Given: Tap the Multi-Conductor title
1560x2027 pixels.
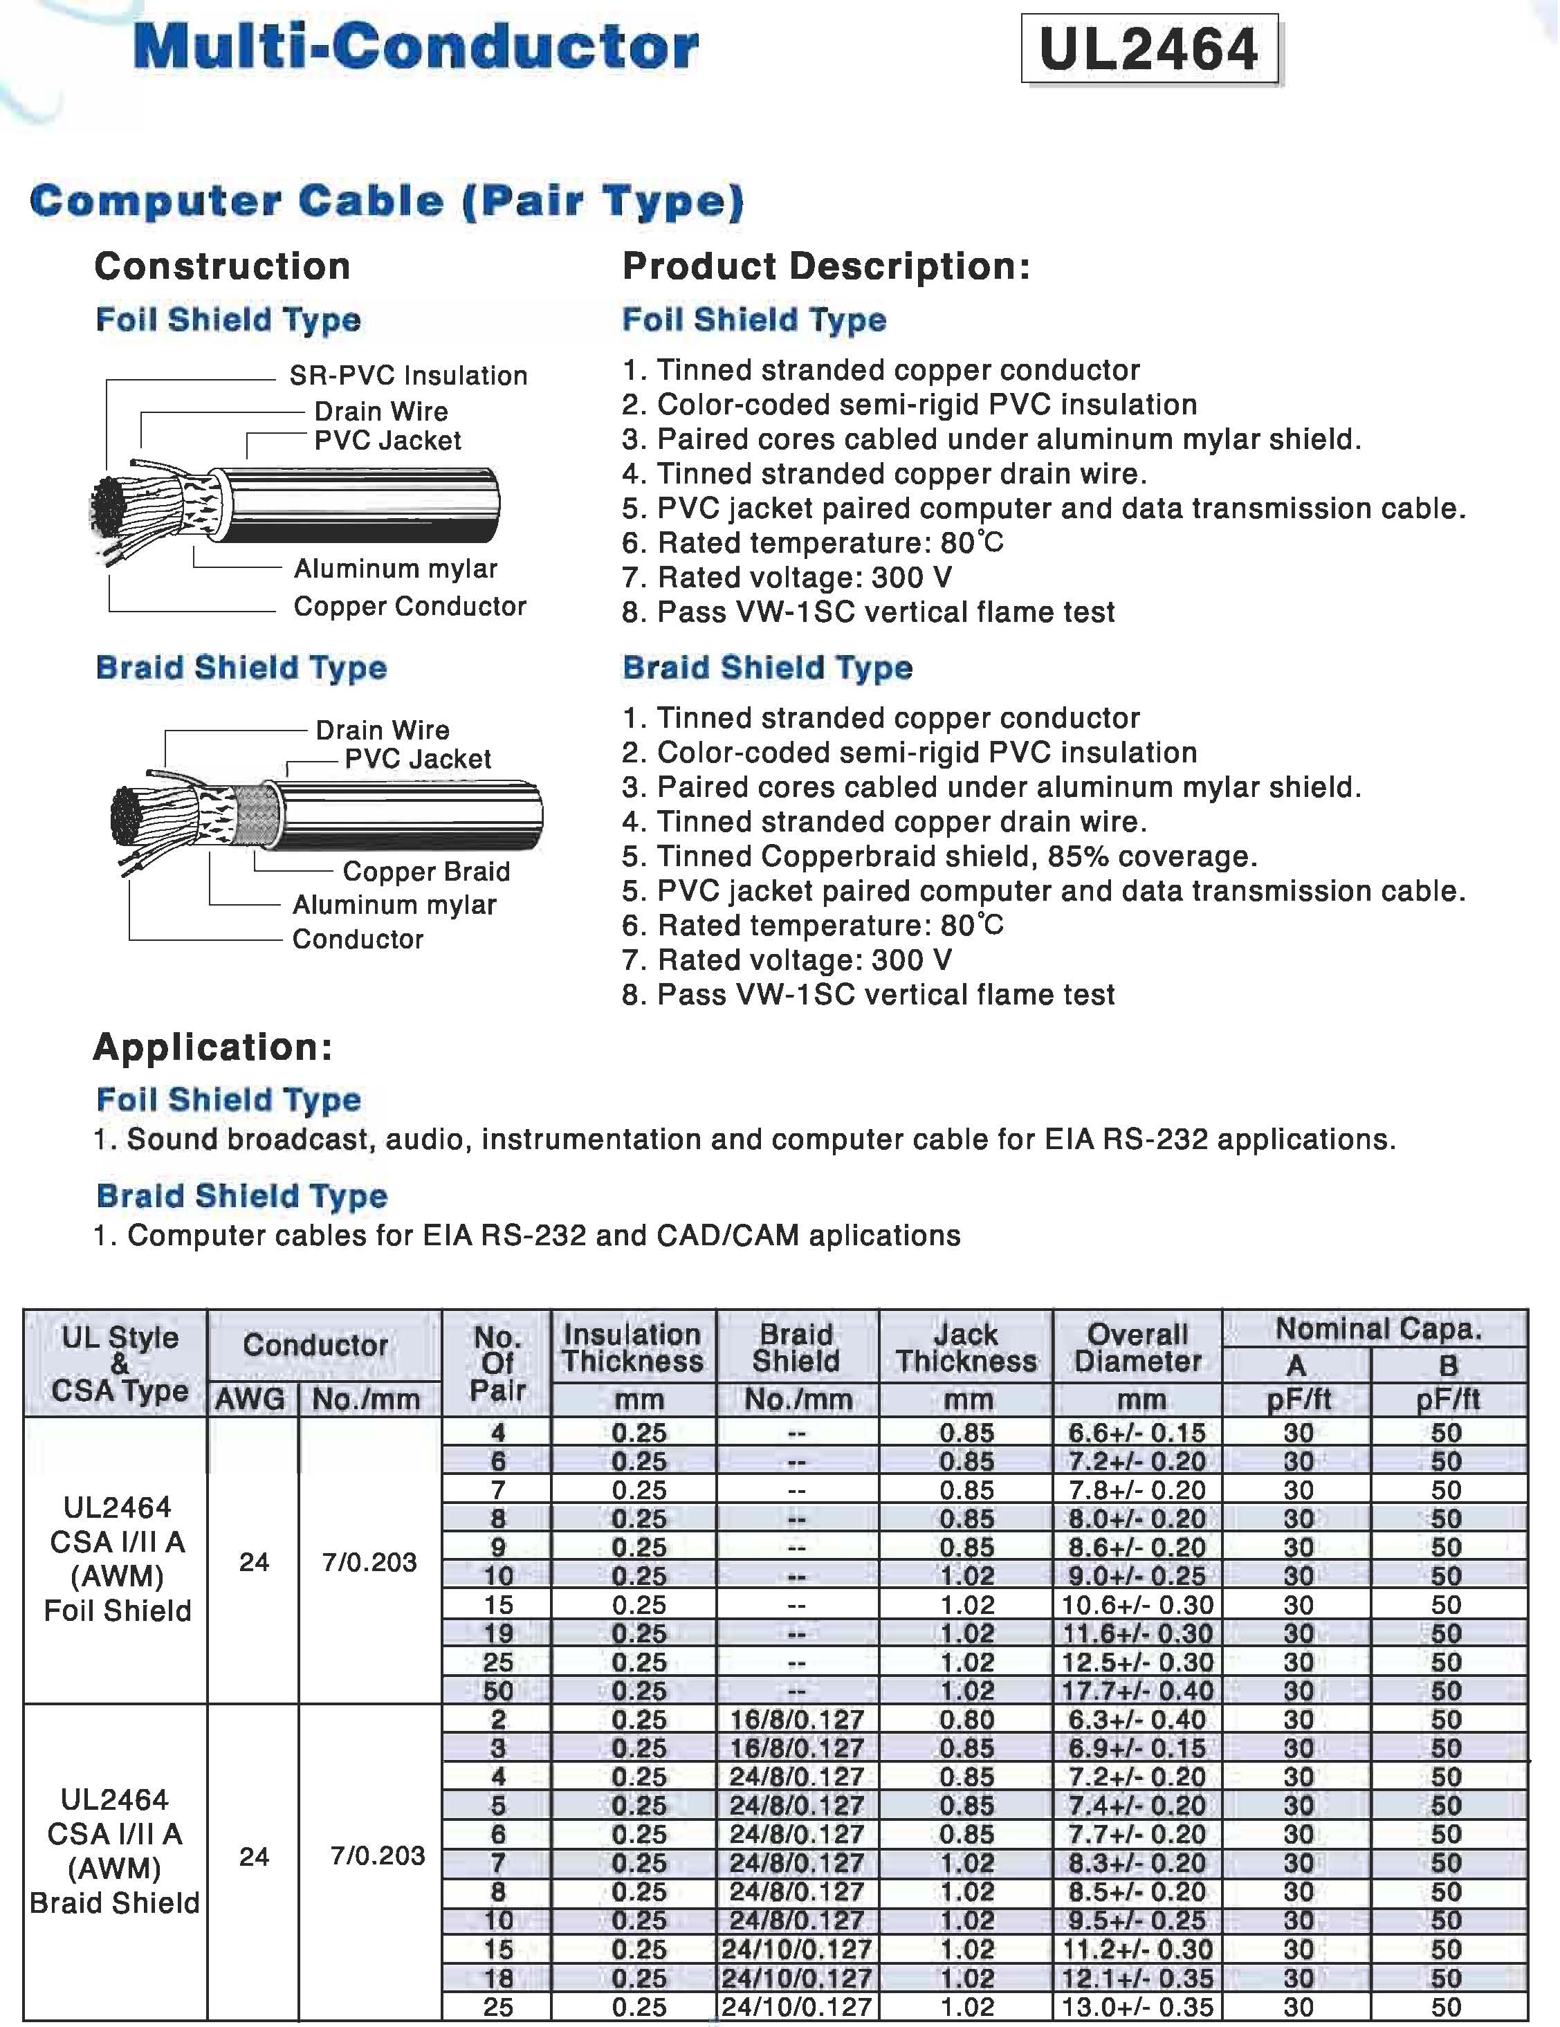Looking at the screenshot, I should [416, 48].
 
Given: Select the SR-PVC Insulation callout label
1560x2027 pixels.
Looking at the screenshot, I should [408, 376].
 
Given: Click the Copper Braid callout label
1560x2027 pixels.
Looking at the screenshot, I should [426, 872].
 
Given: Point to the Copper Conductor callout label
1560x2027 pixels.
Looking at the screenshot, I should [410, 607].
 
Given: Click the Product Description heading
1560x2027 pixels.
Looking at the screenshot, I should [826, 266].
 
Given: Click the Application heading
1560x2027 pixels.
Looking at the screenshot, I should [212, 1047].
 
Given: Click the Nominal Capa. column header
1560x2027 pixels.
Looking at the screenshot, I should [1377, 1329].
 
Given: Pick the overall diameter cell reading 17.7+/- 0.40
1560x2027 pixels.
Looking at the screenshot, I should [1137, 1691].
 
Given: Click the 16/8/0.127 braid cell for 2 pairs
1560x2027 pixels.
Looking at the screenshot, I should [796, 1720].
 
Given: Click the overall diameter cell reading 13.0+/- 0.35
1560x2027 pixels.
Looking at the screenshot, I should [1137, 2008].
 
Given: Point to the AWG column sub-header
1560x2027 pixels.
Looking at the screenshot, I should [250, 1400].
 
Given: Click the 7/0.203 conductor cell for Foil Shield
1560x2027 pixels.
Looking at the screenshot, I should [369, 1562].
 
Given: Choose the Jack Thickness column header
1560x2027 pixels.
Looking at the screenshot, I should [965, 1348].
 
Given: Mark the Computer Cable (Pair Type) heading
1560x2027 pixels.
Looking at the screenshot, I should [386, 201].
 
